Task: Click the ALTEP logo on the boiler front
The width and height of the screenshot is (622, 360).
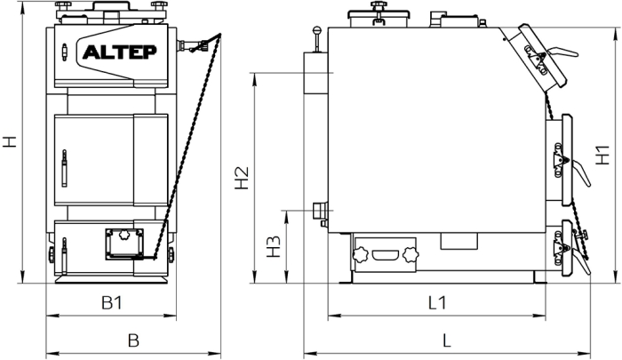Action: coord(119,52)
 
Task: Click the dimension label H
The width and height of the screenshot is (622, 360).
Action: coord(10,141)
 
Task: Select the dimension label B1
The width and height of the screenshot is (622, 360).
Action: coord(112,303)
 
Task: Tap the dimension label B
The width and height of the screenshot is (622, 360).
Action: coord(133,340)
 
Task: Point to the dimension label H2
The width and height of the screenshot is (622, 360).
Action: coord(242,178)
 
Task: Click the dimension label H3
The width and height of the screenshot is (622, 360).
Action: coord(274,246)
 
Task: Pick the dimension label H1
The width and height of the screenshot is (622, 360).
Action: coord(602,156)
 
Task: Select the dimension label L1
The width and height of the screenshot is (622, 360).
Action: coord(437,303)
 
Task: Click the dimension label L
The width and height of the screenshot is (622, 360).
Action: coord(447,340)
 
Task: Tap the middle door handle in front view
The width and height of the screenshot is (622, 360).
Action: coord(64,168)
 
